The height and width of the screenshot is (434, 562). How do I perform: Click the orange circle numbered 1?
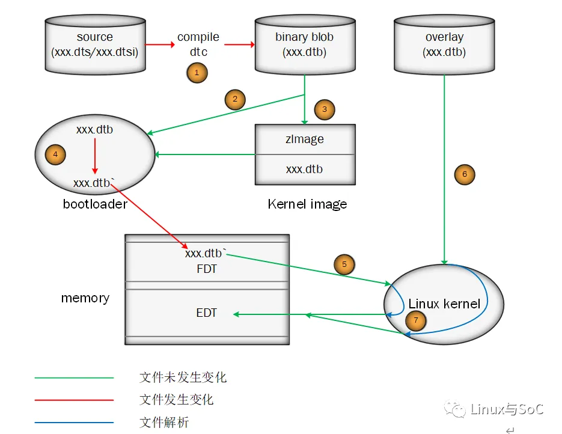pos(197,73)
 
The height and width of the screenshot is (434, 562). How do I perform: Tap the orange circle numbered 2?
pos(235,99)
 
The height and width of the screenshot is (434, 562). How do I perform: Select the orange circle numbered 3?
pos(325,109)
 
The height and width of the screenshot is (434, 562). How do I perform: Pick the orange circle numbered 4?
pos(55,154)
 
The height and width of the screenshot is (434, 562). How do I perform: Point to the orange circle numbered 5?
pos(344,264)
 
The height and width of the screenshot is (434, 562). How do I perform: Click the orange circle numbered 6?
pos(464,174)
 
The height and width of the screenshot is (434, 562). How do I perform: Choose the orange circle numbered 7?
pos(416,320)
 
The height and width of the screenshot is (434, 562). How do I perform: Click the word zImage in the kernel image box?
pos(305,139)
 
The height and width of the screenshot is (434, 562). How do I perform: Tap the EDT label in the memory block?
pos(206,313)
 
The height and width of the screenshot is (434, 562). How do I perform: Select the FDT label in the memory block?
pos(206,269)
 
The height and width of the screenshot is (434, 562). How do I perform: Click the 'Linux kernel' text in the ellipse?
pos(444,304)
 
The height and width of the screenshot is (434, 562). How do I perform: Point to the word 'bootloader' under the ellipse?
pos(95,204)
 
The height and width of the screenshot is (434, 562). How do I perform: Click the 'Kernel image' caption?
pos(307,204)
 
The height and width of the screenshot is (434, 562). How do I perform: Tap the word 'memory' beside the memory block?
pos(85,298)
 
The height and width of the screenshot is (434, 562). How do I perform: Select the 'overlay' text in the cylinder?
pos(444,37)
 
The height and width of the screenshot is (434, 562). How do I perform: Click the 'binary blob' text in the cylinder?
pos(304,37)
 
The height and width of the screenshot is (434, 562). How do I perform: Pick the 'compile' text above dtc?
pos(198,37)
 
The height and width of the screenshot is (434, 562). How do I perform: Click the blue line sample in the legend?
pos(74,422)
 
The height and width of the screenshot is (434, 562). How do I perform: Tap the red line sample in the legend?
pos(74,400)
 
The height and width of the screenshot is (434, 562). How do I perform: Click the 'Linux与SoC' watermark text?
pos(506,409)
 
